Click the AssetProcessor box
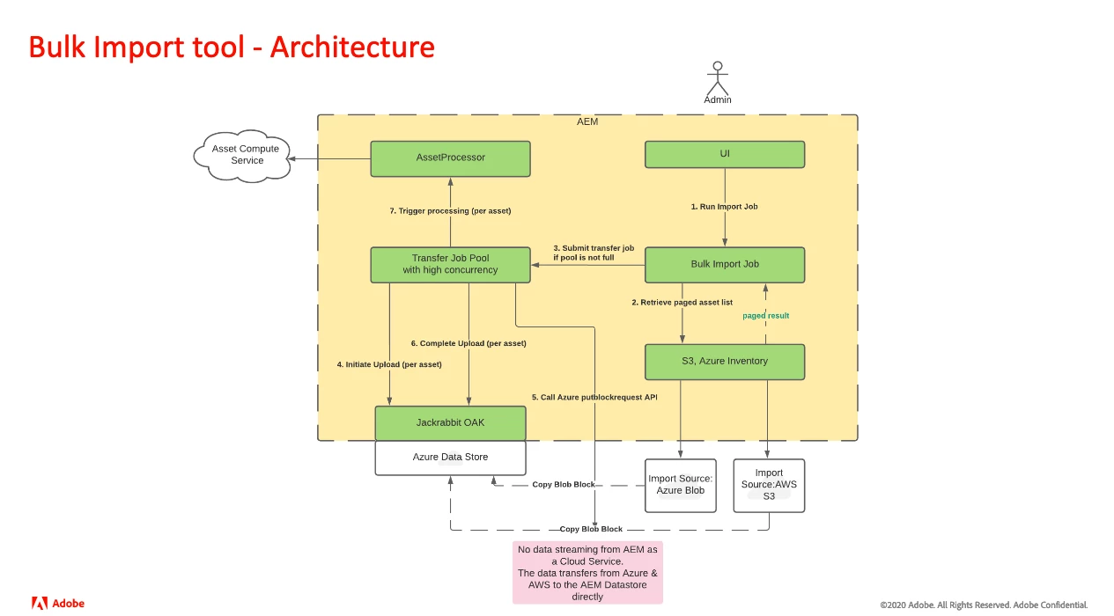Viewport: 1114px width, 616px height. coord(450,158)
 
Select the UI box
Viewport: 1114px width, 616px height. coord(725,154)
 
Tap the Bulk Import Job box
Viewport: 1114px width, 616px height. coord(725,264)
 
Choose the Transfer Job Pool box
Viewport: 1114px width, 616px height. coord(450,264)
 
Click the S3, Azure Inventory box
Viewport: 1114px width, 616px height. coord(725,362)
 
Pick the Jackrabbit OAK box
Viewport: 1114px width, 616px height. coord(450,423)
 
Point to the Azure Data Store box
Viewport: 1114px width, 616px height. coord(450,458)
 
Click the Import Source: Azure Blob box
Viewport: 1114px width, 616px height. coord(681,485)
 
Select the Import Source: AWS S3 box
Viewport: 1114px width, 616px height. coord(769,485)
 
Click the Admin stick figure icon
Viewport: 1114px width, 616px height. coord(718,79)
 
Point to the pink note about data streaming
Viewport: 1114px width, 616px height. coord(587,573)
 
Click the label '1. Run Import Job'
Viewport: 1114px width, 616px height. coord(724,207)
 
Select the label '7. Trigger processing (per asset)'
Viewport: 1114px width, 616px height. coord(450,211)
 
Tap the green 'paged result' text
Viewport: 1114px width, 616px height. coord(765,315)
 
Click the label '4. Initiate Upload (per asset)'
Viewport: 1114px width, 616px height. coord(389,364)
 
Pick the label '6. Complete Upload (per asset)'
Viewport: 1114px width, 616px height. coord(468,343)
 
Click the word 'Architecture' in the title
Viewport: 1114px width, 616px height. coord(352,47)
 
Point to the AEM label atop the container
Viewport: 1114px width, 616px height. coord(587,121)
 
